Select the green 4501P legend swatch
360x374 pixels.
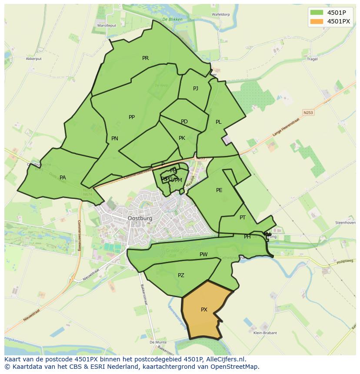pyautogui.click(x=317, y=12)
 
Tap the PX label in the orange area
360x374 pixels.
pyautogui.click(x=204, y=310)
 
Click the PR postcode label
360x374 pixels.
pyautogui.click(x=145, y=58)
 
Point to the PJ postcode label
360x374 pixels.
pyautogui.click(x=196, y=89)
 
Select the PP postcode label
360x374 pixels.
pyautogui.click(x=132, y=117)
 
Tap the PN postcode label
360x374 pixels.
pyautogui.click(x=115, y=139)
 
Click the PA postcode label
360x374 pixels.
pyautogui.click(x=63, y=178)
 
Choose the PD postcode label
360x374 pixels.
pyautogui.click(x=184, y=122)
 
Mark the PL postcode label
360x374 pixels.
pyautogui.click(x=219, y=122)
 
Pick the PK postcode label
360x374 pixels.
pyautogui.click(x=182, y=138)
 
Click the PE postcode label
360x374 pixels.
pyautogui.click(x=219, y=190)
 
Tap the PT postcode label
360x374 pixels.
pyautogui.click(x=243, y=218)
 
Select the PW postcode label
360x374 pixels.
pyautogui.click(x=203, y=255)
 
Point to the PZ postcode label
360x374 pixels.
pyautogui.click(x=181, y=275)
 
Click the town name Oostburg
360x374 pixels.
pyautogui.click(x=140, y=218)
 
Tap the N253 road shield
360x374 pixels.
pyautogui.click(x=308, y=113)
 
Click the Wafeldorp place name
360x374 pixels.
pyautogui.click(x=220, y=14)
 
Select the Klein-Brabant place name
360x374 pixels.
pyautogui.click(x=265, y=333)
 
